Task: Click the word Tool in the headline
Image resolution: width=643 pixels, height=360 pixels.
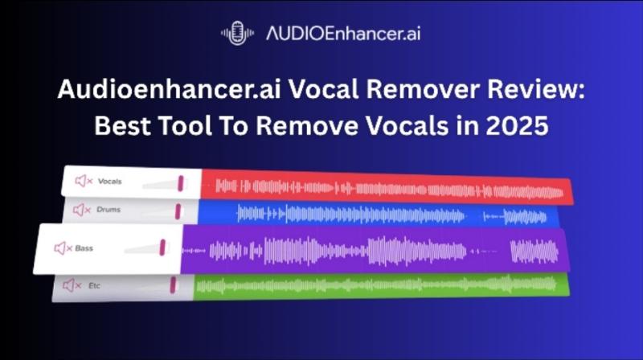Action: tap(215, 127)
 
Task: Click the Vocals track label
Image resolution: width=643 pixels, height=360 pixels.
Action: tap(109, 182)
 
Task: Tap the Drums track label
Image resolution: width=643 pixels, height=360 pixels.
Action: tap(109, 210)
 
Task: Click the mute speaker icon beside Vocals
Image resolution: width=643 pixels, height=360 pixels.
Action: tap(83, 182)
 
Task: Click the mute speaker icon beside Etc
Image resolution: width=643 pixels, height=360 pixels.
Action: tap(71, 284)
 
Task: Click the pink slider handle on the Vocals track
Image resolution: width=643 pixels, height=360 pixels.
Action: tap(181, 182)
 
